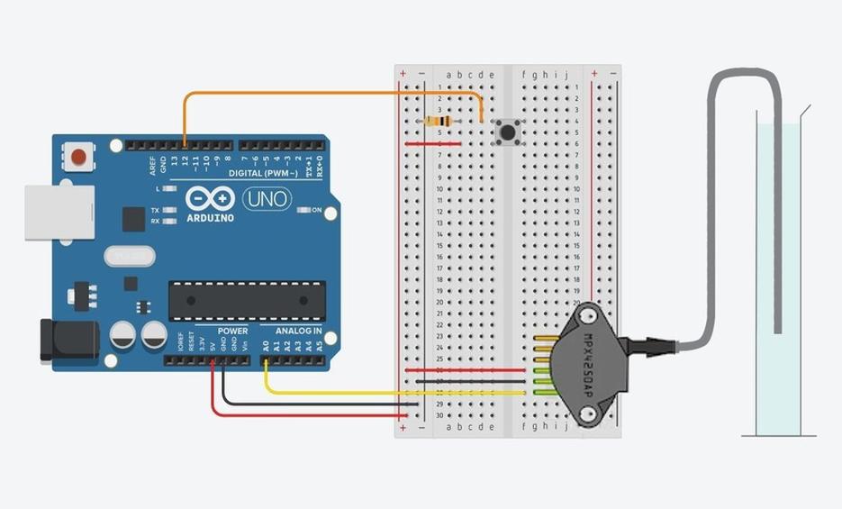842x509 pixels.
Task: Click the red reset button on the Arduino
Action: click(79, 158)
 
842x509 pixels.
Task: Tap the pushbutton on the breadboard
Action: click(508, 133)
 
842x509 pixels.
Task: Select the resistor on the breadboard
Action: click(439, 122)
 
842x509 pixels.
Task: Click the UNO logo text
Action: click(267, 199)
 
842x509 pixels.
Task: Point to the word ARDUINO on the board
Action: click(210, 218)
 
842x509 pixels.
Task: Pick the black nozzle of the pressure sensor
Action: click(653, 344)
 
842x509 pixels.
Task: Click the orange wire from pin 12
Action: click(333, 93)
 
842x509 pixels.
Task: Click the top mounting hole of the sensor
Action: click(590, 316)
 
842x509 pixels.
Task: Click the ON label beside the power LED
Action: click(316, 210)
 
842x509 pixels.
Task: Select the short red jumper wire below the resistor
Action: click(433, 144)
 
